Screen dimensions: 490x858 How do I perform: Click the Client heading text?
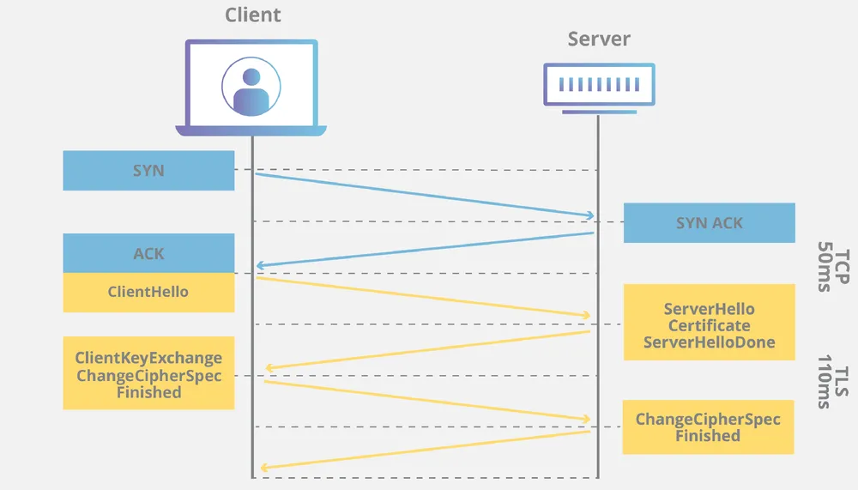pyautogui.click(x=252, y=15)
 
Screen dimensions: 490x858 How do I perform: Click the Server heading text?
pyautogui.click(x=599, y=39)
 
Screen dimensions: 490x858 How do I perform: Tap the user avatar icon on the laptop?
pyautogui.click(x=251, y=87)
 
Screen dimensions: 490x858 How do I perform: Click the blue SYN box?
pyautogui.click(x=148, y=171)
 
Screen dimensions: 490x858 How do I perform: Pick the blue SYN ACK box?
pyautogui.click(x=709, y=223)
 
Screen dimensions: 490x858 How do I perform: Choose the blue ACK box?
pyautogui.click(x=148, y=254)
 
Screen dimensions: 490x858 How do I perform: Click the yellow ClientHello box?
pyautogui.click(x=148, y=292)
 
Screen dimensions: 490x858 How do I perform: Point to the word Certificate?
pyautogui.click(x=709, y=326)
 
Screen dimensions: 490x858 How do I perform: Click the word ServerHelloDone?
pyautogui.click(x=709, y=342)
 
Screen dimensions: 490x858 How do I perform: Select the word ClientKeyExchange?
pyautogui.click(x=148, y=359)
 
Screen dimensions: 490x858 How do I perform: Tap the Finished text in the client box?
pyautogui.click(x=148, y=392)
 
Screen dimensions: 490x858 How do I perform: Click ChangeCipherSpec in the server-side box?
pyautogui.click(x=708, y=420)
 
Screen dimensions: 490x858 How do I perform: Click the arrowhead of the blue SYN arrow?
pyautogui.click(x=590, y=215)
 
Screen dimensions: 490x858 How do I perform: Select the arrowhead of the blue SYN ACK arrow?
pyautogui.click(x=260, y=266)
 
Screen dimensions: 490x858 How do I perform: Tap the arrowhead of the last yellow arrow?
pyautogui.click(x=264, y=468)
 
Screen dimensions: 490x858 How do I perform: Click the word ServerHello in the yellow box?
pyautogui.click(x=709, y=309)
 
